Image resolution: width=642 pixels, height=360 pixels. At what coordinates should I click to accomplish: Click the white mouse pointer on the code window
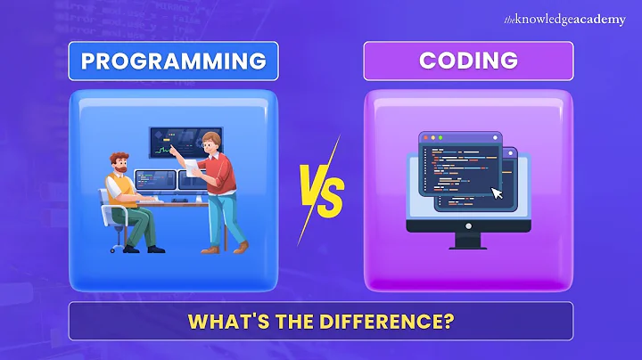(x=497, y=192)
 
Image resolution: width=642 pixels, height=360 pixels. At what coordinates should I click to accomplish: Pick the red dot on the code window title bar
(x=424, y=139)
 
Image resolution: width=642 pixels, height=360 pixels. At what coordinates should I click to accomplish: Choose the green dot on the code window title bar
(x=440, y=139)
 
